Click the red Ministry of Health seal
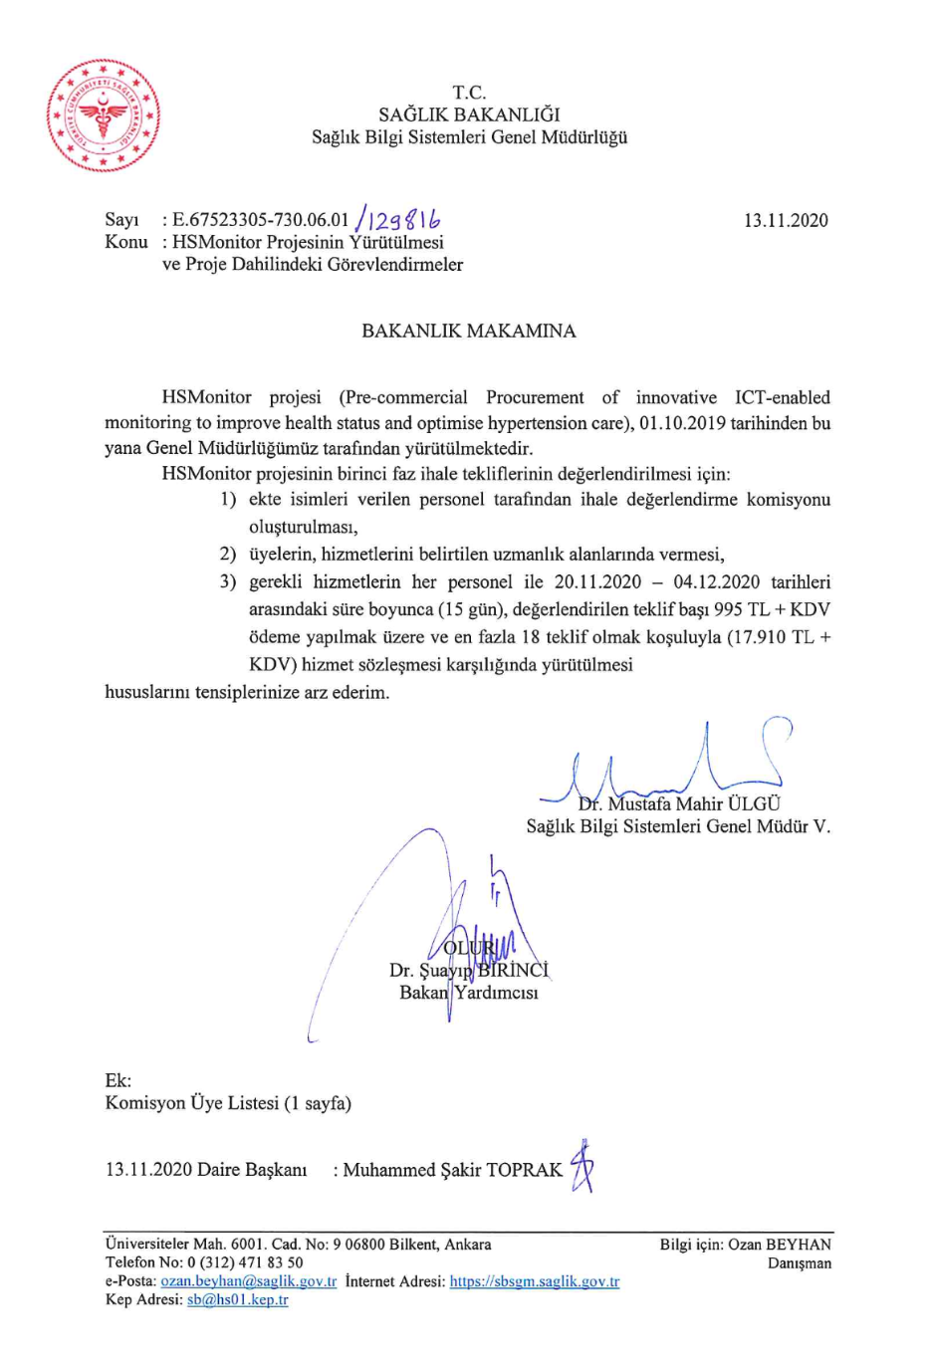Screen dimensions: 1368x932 (x=103, y=115)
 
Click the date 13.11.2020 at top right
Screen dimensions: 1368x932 (x=786, y=220)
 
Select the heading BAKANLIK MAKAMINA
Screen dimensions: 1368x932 (x=468, y=331)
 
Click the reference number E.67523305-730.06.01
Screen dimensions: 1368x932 (x=261, y=220)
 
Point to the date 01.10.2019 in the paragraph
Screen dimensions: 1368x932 (x=682, y=423)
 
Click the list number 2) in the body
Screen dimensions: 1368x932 (x=228, y=554)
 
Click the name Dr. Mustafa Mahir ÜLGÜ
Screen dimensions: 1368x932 (x=679, y=803)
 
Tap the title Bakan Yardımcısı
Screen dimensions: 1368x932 (x=468, y=993)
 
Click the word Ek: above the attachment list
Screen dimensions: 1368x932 (x=117, y=1080)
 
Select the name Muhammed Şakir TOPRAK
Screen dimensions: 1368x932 (x=452, y=1170)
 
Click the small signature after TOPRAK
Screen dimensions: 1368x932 (x=583, y=1167)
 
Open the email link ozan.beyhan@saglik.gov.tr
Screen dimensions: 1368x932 (x=249, y=1281)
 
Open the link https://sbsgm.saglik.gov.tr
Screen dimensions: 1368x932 (x=534, y=1281)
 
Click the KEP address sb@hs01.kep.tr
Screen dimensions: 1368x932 (x=237, y=1299)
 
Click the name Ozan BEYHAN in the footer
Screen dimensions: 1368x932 (x=779, y=1245)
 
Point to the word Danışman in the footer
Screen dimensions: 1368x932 (x=799, y=1263)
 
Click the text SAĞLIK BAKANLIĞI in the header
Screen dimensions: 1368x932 (x=469, y=114)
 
